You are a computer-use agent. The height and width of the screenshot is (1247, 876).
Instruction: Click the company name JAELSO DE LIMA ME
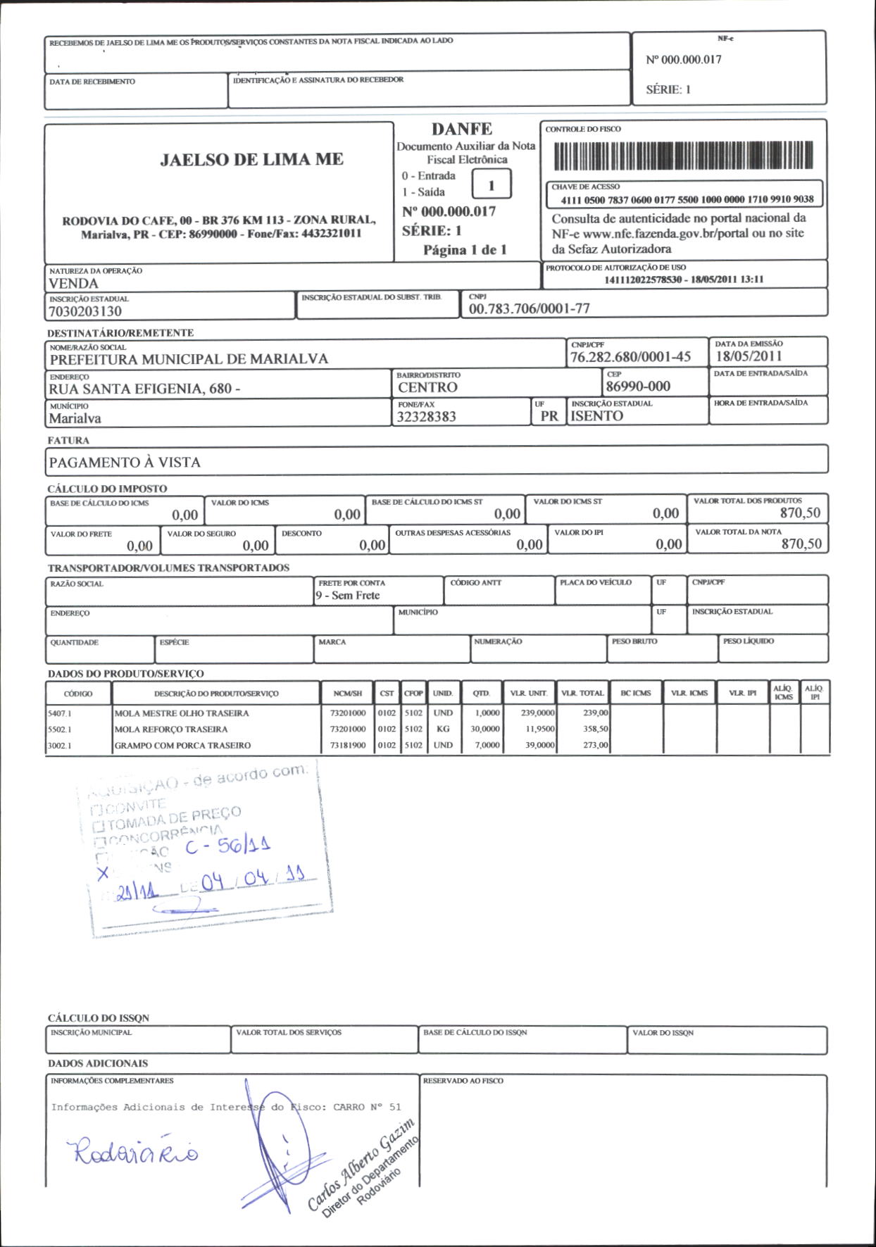coord(251,160)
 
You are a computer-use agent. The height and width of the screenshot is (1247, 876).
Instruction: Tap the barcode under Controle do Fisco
coord(683,156)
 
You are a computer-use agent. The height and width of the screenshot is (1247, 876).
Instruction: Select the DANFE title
coord(462,129)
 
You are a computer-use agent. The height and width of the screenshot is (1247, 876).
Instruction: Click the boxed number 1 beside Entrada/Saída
coord(491,185)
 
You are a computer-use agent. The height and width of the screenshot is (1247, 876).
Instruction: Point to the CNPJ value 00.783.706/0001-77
coord(529,308)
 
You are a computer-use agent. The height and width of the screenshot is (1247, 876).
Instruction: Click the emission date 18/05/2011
coord(749,356)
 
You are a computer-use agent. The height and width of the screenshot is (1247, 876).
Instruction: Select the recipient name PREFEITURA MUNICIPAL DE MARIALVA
coord(189,359)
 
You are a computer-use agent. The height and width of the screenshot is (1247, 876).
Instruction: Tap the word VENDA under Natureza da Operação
coord(73,284)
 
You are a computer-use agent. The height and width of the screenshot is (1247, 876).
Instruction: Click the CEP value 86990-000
coord(638,386)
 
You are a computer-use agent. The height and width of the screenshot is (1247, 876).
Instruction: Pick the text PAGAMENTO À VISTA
coord(125,463)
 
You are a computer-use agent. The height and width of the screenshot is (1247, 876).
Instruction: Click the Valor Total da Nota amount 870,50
coord(801,544)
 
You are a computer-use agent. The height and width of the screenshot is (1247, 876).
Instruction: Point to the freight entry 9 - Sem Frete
coord(348,596)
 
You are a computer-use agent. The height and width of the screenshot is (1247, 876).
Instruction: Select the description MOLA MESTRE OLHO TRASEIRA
coord(182,713)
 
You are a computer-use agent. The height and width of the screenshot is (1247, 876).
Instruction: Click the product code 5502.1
coord(60,729)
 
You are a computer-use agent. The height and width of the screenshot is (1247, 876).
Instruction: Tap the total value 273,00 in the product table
coord(595,745)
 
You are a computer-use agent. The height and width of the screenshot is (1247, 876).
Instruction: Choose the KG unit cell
coord(443,729)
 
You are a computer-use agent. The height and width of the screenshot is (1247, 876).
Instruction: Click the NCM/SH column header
coord(348,694)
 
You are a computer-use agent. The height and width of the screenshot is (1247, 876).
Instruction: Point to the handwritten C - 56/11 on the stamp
coord(228,846)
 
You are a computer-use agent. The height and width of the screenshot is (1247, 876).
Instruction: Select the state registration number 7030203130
coord(85,311)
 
